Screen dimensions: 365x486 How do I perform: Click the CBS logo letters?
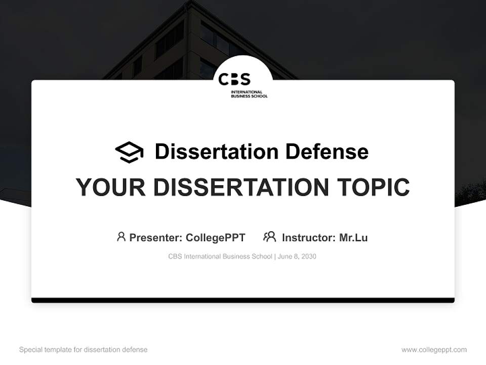[234, 79]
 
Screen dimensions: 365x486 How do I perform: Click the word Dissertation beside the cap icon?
[216, 152]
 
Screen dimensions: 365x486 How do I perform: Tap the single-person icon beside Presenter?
[121, 237]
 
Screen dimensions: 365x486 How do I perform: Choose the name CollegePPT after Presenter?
[215, 237]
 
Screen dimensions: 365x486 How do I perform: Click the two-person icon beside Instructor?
[269, 237]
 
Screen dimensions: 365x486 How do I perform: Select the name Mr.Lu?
[353, 237]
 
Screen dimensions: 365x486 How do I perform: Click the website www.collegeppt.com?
[434, 350]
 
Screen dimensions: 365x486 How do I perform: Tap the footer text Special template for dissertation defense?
[83, 350]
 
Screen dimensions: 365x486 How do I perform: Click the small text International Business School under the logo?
[249, 94]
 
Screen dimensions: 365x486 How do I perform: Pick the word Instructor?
[308, 237]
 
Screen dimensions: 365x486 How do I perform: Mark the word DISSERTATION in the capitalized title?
[237, 188]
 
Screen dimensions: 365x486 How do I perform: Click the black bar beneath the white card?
[243, 300]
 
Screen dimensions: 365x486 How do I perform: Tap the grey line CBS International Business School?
[220, 257]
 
